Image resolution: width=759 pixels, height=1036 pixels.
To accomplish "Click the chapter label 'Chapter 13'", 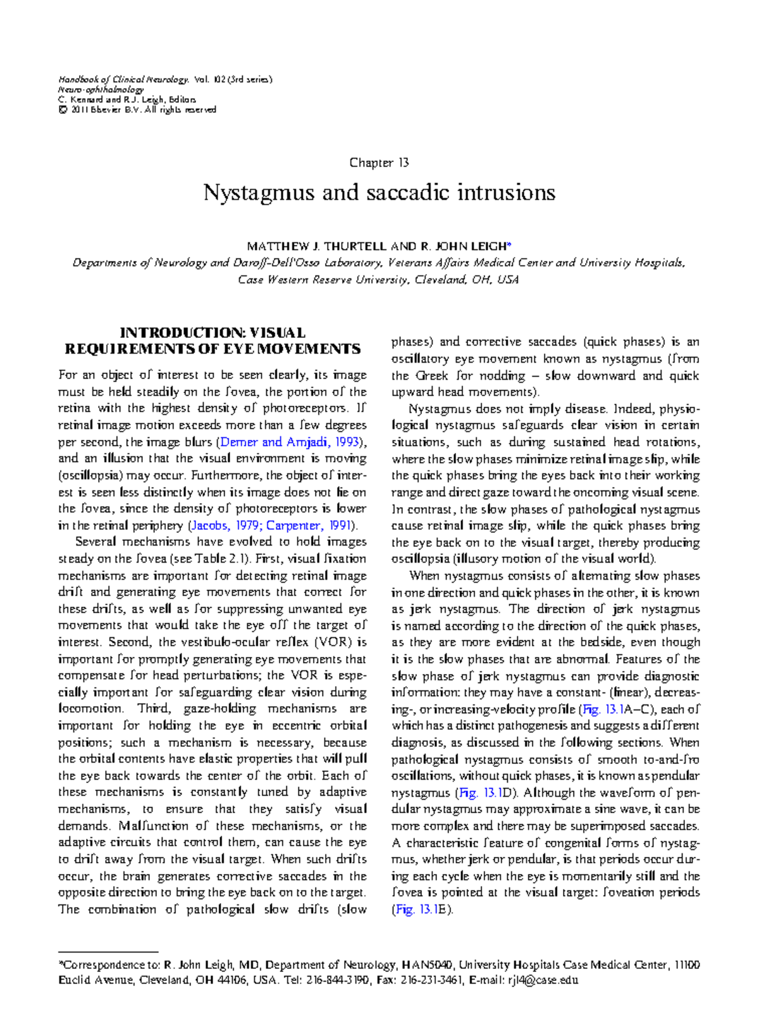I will pyautogui.click(x=379, y=163).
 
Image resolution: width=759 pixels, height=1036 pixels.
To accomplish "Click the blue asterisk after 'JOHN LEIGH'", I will pyautogui.click(x=510, y=245).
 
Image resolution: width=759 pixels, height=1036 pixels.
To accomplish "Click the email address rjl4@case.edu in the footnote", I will pyautogui.click(x=539, y=980).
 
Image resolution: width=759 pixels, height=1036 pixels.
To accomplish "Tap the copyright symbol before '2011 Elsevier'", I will pyautogui.click(x=62, y=109).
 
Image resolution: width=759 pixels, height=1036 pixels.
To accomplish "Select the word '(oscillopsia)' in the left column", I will pyautogui.click(x=90, y=475).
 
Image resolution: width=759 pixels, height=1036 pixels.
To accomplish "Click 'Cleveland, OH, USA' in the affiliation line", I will pyautogui.click(x=467, y=280).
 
